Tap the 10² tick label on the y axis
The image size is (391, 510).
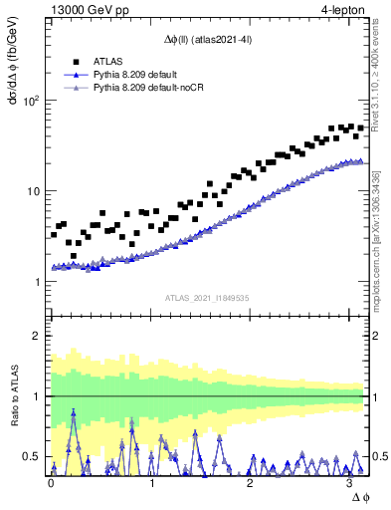31,101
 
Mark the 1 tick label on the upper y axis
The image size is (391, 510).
37,282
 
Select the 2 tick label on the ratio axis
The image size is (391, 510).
37,336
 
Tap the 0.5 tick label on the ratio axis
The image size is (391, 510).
32,457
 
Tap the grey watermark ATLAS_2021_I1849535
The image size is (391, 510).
208,298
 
